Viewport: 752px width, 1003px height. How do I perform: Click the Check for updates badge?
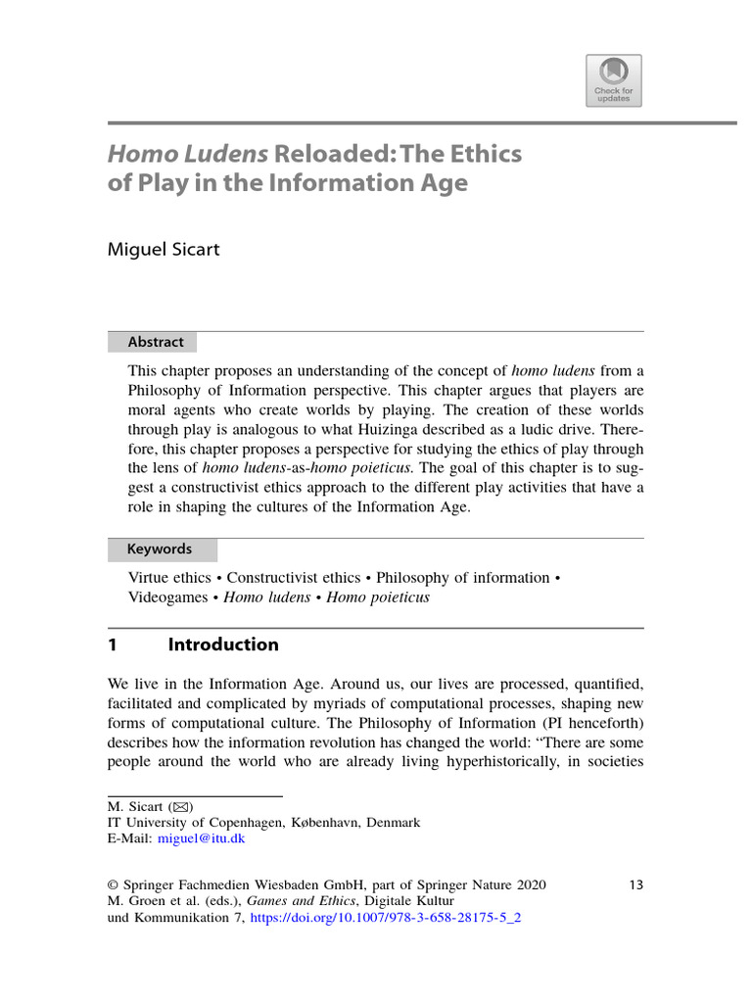pyautogui.click(x=614, y=79)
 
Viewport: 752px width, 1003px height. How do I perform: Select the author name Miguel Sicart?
pyautogui.click(x=163, y=249)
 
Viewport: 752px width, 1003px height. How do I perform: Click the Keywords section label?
pyautogui.click(x=160, y=549)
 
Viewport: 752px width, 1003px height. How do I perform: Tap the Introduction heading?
pyautogui.click(x=223, y=645)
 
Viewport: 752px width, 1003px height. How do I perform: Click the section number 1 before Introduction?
pyautogui.click(x=113, y=645)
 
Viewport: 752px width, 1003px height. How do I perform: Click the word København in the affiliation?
pyautogui.click(x=326, y=823)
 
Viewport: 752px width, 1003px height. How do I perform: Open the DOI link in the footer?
pyautogui.click(x=386, y=919)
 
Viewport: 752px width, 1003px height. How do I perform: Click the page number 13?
pyautogui.click(x=635, y=884)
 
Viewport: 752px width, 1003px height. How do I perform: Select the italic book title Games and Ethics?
pyautogui.click(x=296, y=902)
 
